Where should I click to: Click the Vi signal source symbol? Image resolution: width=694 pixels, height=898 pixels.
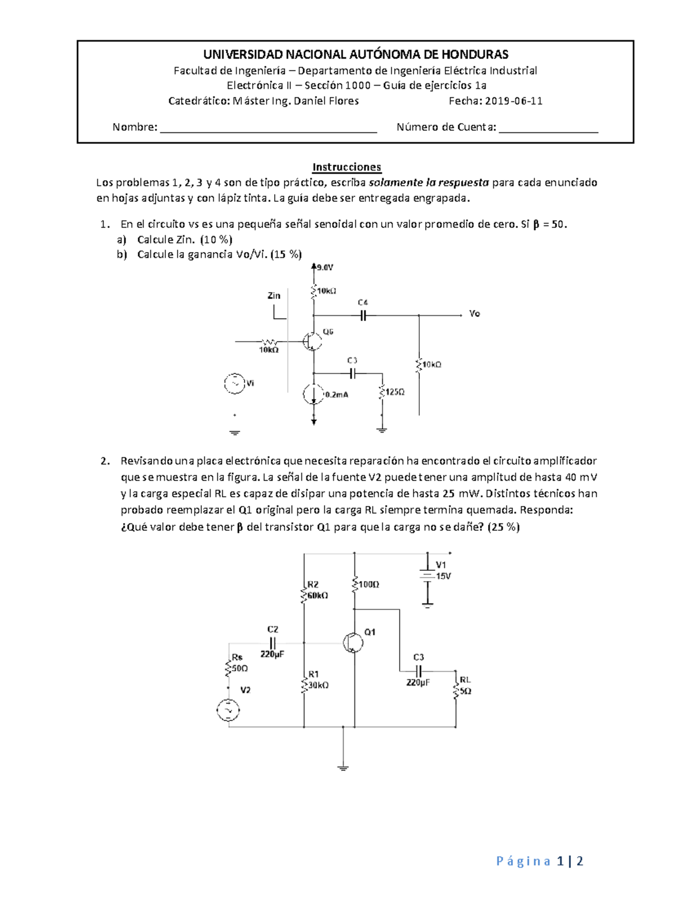tap(235, 384)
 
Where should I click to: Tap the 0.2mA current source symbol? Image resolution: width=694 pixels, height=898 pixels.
tap(313, 395)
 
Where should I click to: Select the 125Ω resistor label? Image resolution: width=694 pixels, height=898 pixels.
tap(395, 392)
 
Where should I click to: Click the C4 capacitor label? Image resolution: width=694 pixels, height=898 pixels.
tap(363, 302)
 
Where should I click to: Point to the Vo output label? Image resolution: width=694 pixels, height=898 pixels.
tap(474, 314)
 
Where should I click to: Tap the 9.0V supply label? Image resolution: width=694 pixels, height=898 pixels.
tap(325, 268)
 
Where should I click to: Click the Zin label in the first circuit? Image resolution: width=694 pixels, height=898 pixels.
tap(274, 295)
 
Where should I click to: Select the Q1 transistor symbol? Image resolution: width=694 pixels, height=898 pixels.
tap(352, 642)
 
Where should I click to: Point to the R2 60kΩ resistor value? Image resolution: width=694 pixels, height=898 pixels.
tap(318, 595)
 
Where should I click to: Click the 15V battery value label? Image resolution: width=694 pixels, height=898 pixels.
tap(443, 577)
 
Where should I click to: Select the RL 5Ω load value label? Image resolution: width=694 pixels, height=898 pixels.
tap(466, 691)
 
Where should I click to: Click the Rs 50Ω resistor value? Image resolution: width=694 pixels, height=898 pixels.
tap(240, 668)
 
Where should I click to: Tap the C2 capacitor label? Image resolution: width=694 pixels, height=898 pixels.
tap(272, 629)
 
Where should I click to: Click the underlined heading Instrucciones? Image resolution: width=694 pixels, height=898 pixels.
tap(346, 167)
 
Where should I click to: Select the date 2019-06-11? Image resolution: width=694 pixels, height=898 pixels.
tap(514, 101)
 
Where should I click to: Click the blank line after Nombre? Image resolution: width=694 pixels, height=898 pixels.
tap(268, 128)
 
